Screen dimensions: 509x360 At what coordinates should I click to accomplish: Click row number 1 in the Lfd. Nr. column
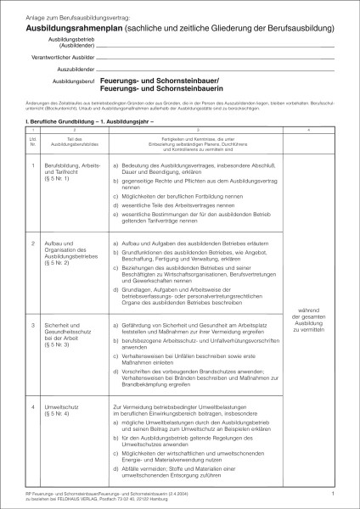point(32,165)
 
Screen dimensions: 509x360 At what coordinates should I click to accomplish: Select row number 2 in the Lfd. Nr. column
point(32,243)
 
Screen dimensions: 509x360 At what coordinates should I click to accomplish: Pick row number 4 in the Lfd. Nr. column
point(32,406)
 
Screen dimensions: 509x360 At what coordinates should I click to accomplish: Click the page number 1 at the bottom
point(334,492)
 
